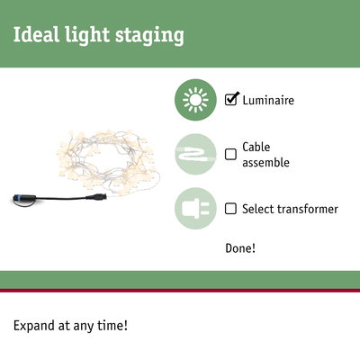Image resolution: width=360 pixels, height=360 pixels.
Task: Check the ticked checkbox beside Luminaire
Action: tap(231, 100)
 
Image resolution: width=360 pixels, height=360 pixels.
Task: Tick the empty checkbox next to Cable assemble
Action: tap(231, 154)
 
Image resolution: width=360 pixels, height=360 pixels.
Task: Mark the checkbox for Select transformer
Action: tap(231, 209)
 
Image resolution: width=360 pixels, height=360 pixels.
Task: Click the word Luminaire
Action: tap(268, 101)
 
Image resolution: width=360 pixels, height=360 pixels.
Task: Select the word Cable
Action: tap(256, 147)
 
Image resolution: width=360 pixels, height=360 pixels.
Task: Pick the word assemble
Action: tap(266, 163)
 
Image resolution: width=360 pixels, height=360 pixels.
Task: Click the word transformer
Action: tap(306, 209)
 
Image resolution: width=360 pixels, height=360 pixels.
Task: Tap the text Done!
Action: tap(240, 247)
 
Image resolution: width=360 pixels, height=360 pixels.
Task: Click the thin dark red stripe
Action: tap(180, 290)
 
